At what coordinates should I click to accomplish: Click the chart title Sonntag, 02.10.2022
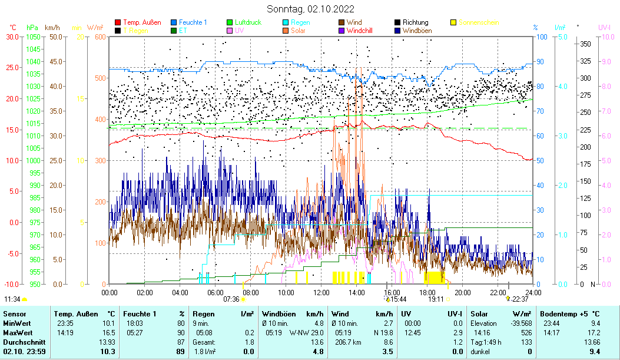point(310,9)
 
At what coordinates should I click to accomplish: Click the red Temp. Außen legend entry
point(142,22)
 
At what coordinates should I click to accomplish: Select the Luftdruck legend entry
point(250,22)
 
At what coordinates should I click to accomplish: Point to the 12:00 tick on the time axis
point(321,292)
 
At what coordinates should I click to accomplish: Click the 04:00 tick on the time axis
point(180,292)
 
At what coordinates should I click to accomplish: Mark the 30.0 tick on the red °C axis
point(12,37)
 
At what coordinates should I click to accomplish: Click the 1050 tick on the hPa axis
point(33,37)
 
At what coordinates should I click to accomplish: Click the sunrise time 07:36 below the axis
point(231,299)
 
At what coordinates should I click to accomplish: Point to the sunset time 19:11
point(436,299)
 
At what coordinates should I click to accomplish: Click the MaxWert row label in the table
point(16,332)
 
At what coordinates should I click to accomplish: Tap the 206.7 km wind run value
point(344,342)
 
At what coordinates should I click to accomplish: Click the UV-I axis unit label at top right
point(605,27)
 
